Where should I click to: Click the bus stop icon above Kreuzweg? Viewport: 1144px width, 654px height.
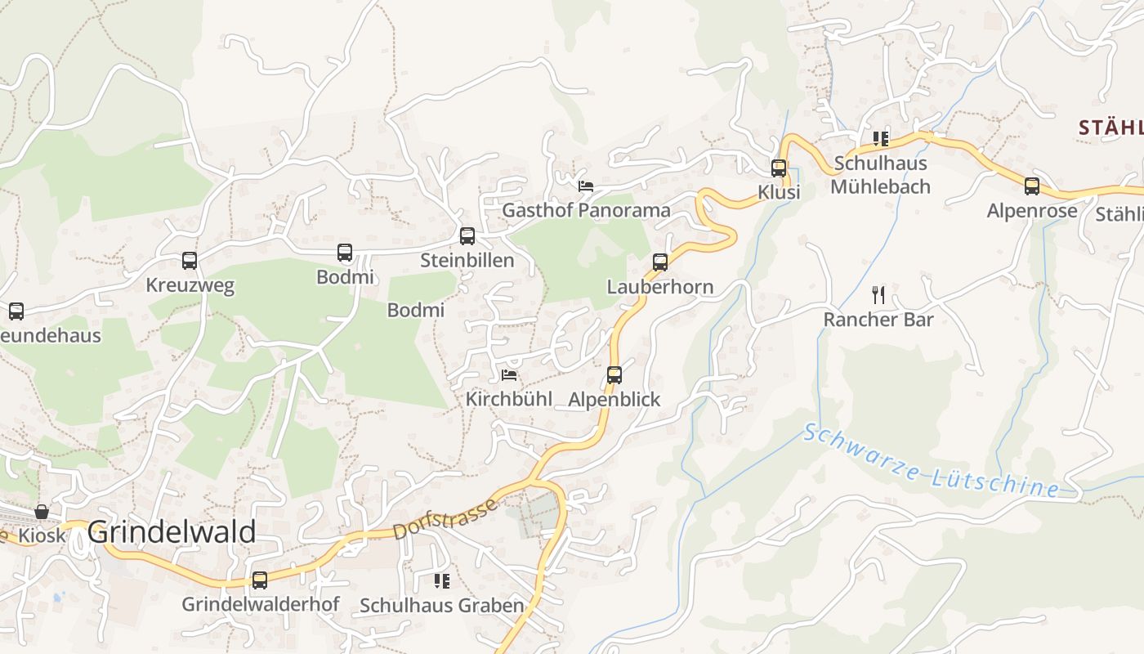point(190,261)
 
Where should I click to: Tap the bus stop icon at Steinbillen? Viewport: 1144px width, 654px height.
point(467,236)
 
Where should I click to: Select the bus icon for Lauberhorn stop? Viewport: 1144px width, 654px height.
point(660,262)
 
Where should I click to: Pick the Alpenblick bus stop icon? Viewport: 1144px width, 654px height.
point(614,375)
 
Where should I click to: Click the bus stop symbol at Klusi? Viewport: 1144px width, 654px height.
point(779,168)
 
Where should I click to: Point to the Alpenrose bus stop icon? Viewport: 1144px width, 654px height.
point(1032,186)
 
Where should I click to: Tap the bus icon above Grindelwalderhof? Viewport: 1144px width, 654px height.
point(260,580)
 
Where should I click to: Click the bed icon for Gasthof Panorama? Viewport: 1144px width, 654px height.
point(586,186)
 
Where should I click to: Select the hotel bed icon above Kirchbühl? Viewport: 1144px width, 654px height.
point(509,375)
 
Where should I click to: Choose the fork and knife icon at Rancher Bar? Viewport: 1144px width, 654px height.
point(878,295)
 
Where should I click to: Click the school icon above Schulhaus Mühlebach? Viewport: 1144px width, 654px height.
point(880,139)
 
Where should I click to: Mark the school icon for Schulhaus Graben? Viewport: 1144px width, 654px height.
point(442,581)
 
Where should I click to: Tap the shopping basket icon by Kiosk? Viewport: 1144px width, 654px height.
point(42,512)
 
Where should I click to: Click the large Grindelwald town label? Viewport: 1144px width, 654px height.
point(172,532)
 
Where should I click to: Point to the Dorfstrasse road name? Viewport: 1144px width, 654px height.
point(445,518)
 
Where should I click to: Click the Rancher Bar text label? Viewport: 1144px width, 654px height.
point(878,320)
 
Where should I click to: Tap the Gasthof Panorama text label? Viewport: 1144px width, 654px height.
point(586,210)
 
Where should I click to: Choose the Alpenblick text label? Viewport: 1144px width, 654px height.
point(614,400)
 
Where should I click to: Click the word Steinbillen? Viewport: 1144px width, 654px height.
point(467,261)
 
